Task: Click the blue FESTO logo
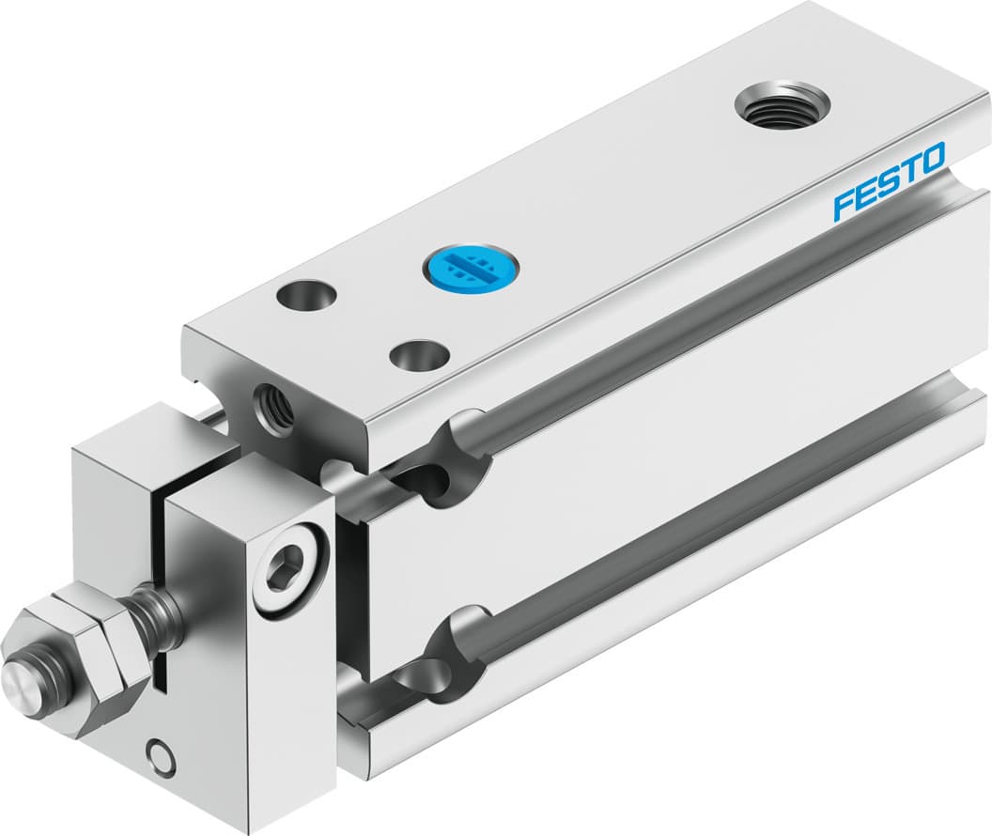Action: tap(889, 180)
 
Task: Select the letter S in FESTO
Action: tap(887, 181)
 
